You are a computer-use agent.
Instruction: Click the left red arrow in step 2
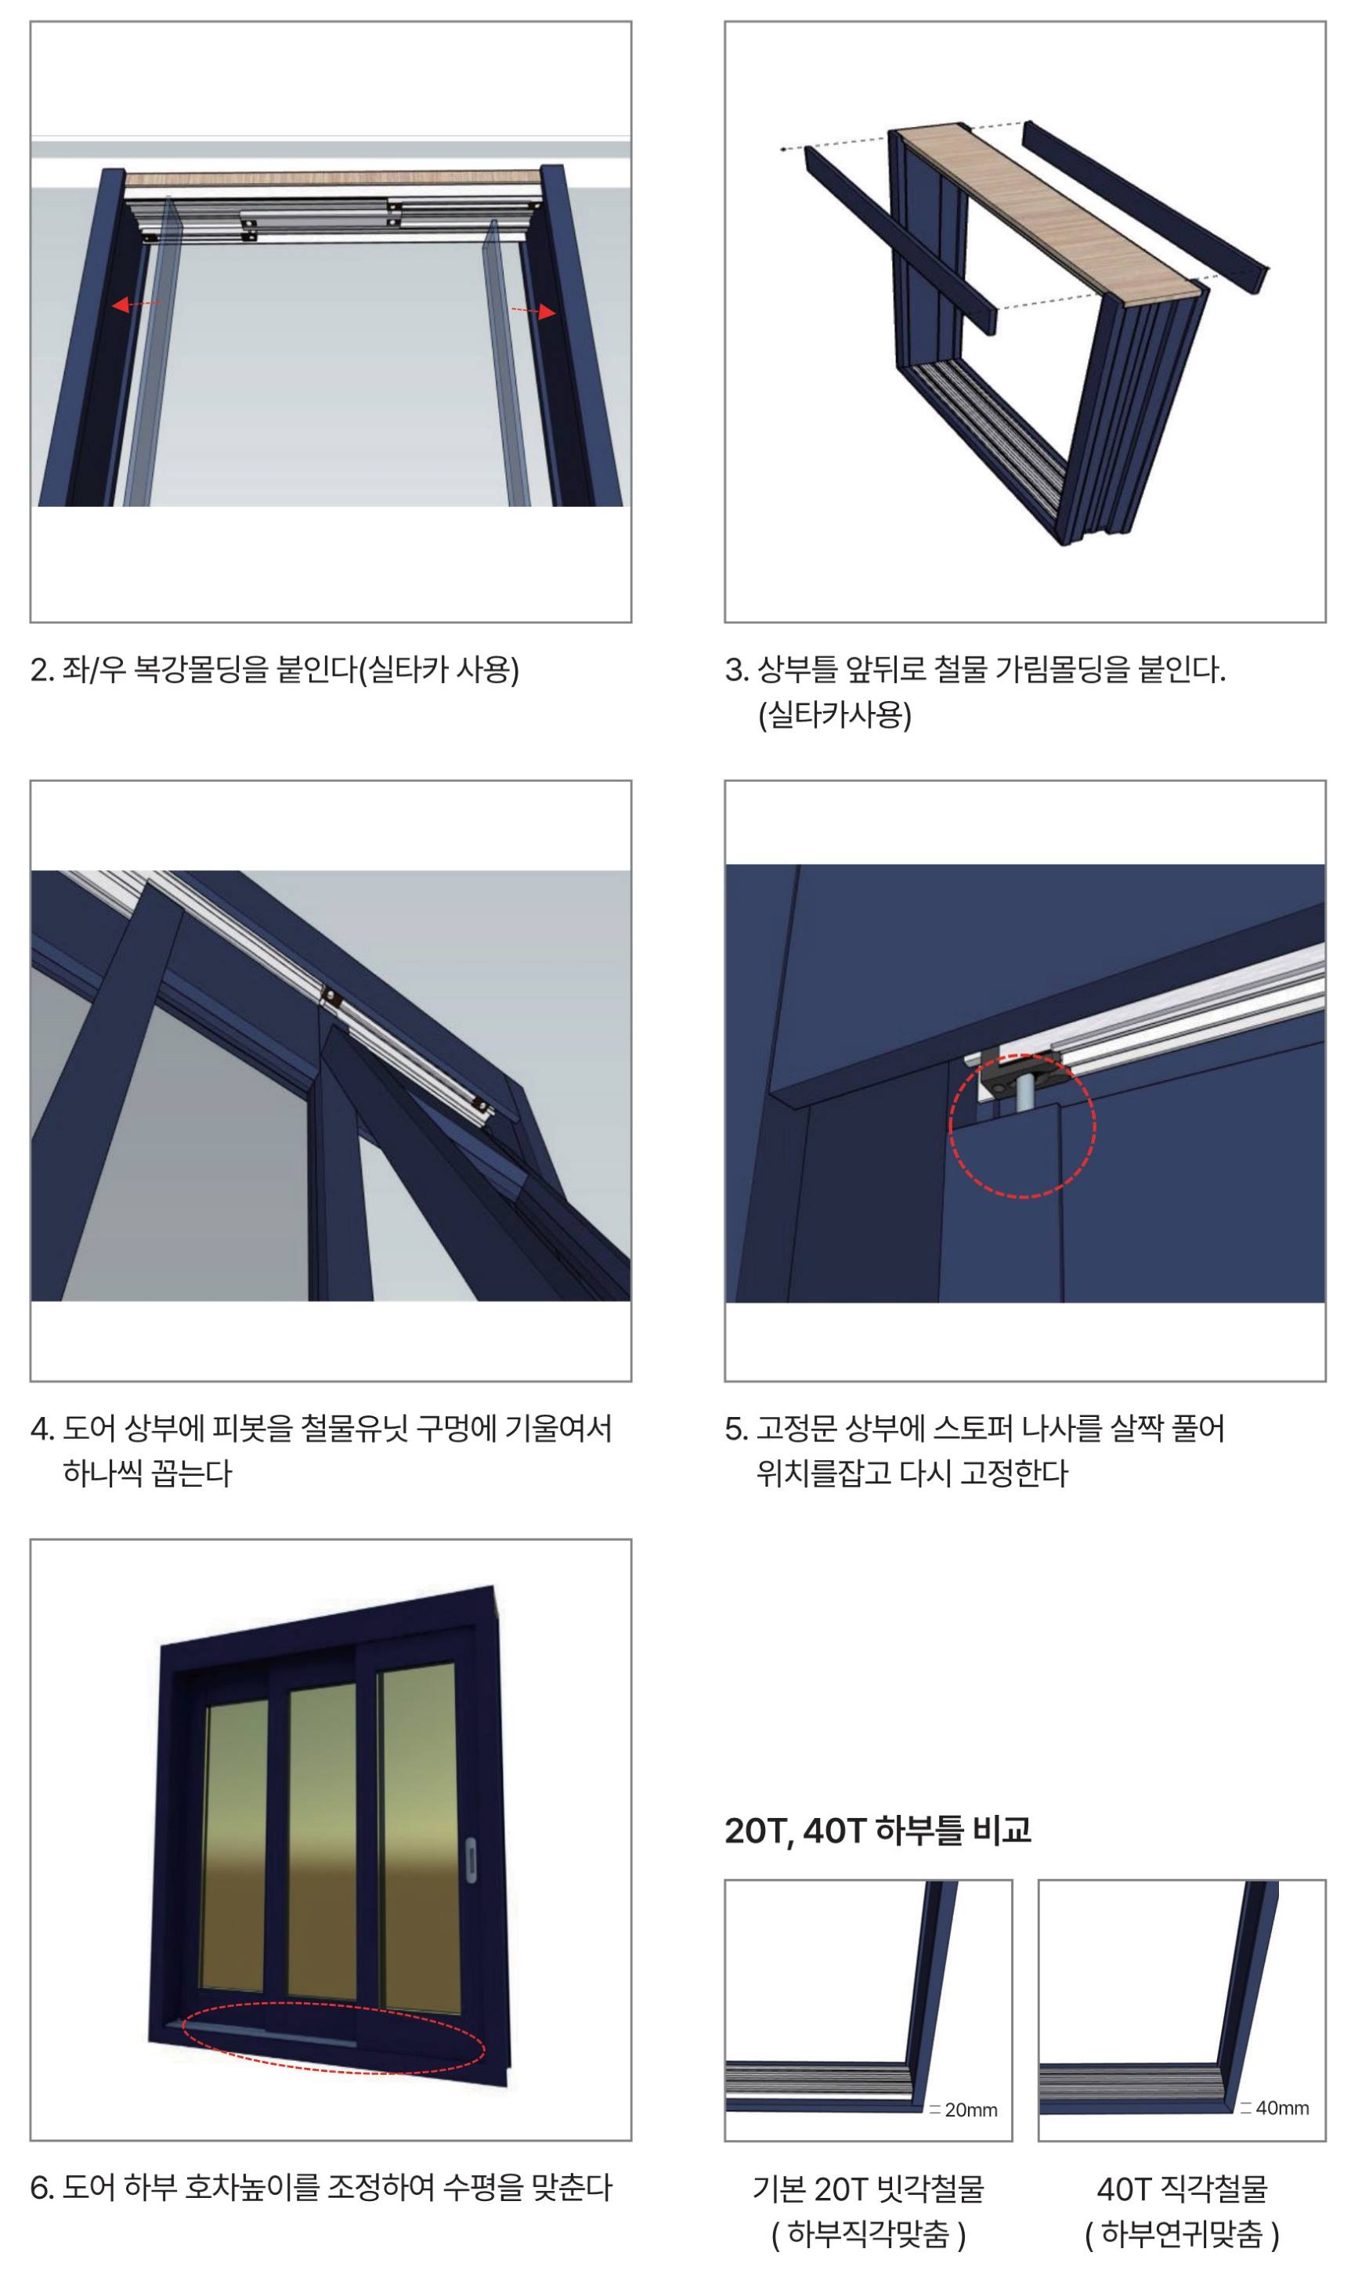(x=135, y=304)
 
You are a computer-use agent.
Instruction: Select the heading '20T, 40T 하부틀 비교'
(x=878, y=1831)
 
